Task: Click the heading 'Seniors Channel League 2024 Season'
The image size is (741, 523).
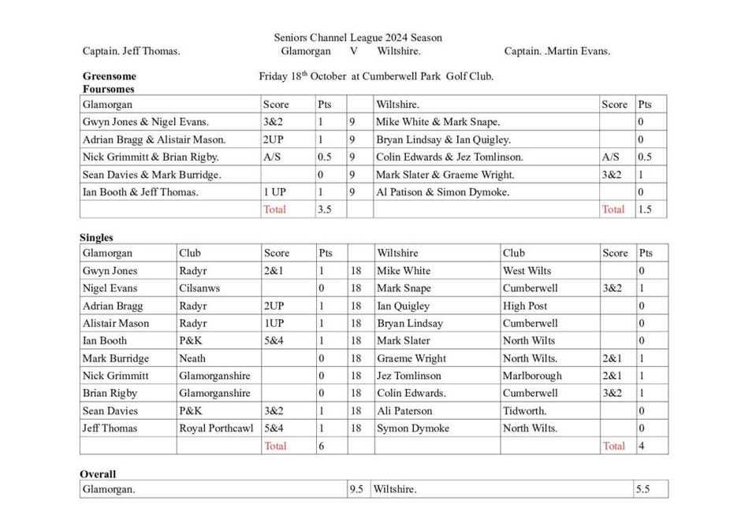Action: point(358,37)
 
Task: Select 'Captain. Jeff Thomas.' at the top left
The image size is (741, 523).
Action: point(132,51)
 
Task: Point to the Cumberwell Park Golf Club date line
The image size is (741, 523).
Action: point(376,76)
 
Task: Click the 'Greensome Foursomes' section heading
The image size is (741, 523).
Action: point(110,83)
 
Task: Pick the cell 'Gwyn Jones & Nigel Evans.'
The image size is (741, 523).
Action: point(146,122)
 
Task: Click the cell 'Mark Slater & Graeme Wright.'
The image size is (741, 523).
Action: point(445,174)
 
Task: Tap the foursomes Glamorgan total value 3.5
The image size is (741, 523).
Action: point(323,210)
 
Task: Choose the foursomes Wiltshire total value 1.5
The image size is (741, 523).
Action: point(644,210)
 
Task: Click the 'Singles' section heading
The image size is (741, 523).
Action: point(96,238)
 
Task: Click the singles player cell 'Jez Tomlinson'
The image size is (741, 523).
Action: point(409,376)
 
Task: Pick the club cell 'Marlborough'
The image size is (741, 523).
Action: point(532,376)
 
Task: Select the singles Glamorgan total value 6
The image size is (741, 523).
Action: point(321,446)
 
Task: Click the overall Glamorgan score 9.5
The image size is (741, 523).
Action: point(356,489)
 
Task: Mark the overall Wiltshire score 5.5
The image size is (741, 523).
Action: point(642,489)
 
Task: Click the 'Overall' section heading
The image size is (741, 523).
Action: point(98,474)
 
